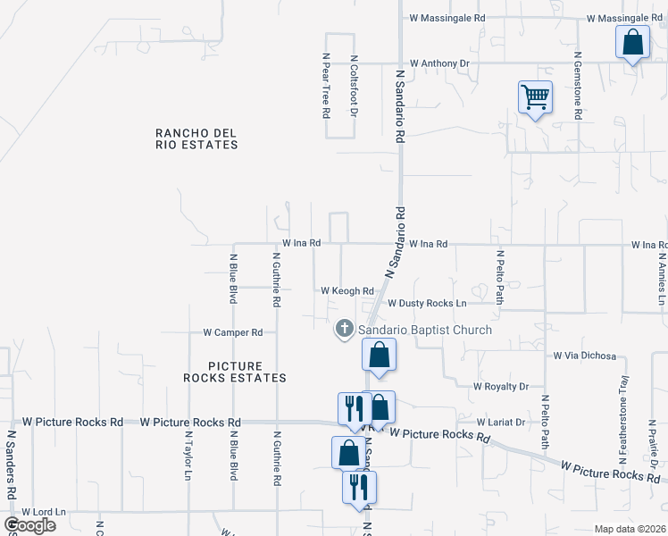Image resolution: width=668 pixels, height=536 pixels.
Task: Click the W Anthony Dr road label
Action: pyautogui.click(x=440, y=63)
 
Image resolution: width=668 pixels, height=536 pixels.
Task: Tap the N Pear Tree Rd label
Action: pyautogui.click(x=326, y=86)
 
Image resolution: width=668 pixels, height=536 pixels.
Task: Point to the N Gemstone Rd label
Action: pyautogui.click(x=578, y=86)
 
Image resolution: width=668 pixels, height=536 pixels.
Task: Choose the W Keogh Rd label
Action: pyautogui.click(x=347, y=291)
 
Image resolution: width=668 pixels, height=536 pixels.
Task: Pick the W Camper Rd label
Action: pyautogui.click(x=232, y=332)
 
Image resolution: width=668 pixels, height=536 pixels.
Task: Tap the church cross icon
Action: pyautogui.click(x=344, y=330)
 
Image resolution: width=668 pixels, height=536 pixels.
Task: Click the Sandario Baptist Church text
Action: pyautogui.click(x=425, y=331)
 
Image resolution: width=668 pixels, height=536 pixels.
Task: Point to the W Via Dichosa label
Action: pyautogui.click(x=585, y=356)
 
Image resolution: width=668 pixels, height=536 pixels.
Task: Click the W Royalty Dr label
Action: pyautogui.click(x=500, y=387)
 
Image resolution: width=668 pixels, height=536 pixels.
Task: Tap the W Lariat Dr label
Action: pyautogui.click(x=505, y=422)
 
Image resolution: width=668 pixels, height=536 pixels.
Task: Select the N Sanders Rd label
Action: pyautogui.click(x=11, y=465)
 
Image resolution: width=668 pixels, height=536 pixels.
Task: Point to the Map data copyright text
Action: pyautogui.click(x=629, y=529)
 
